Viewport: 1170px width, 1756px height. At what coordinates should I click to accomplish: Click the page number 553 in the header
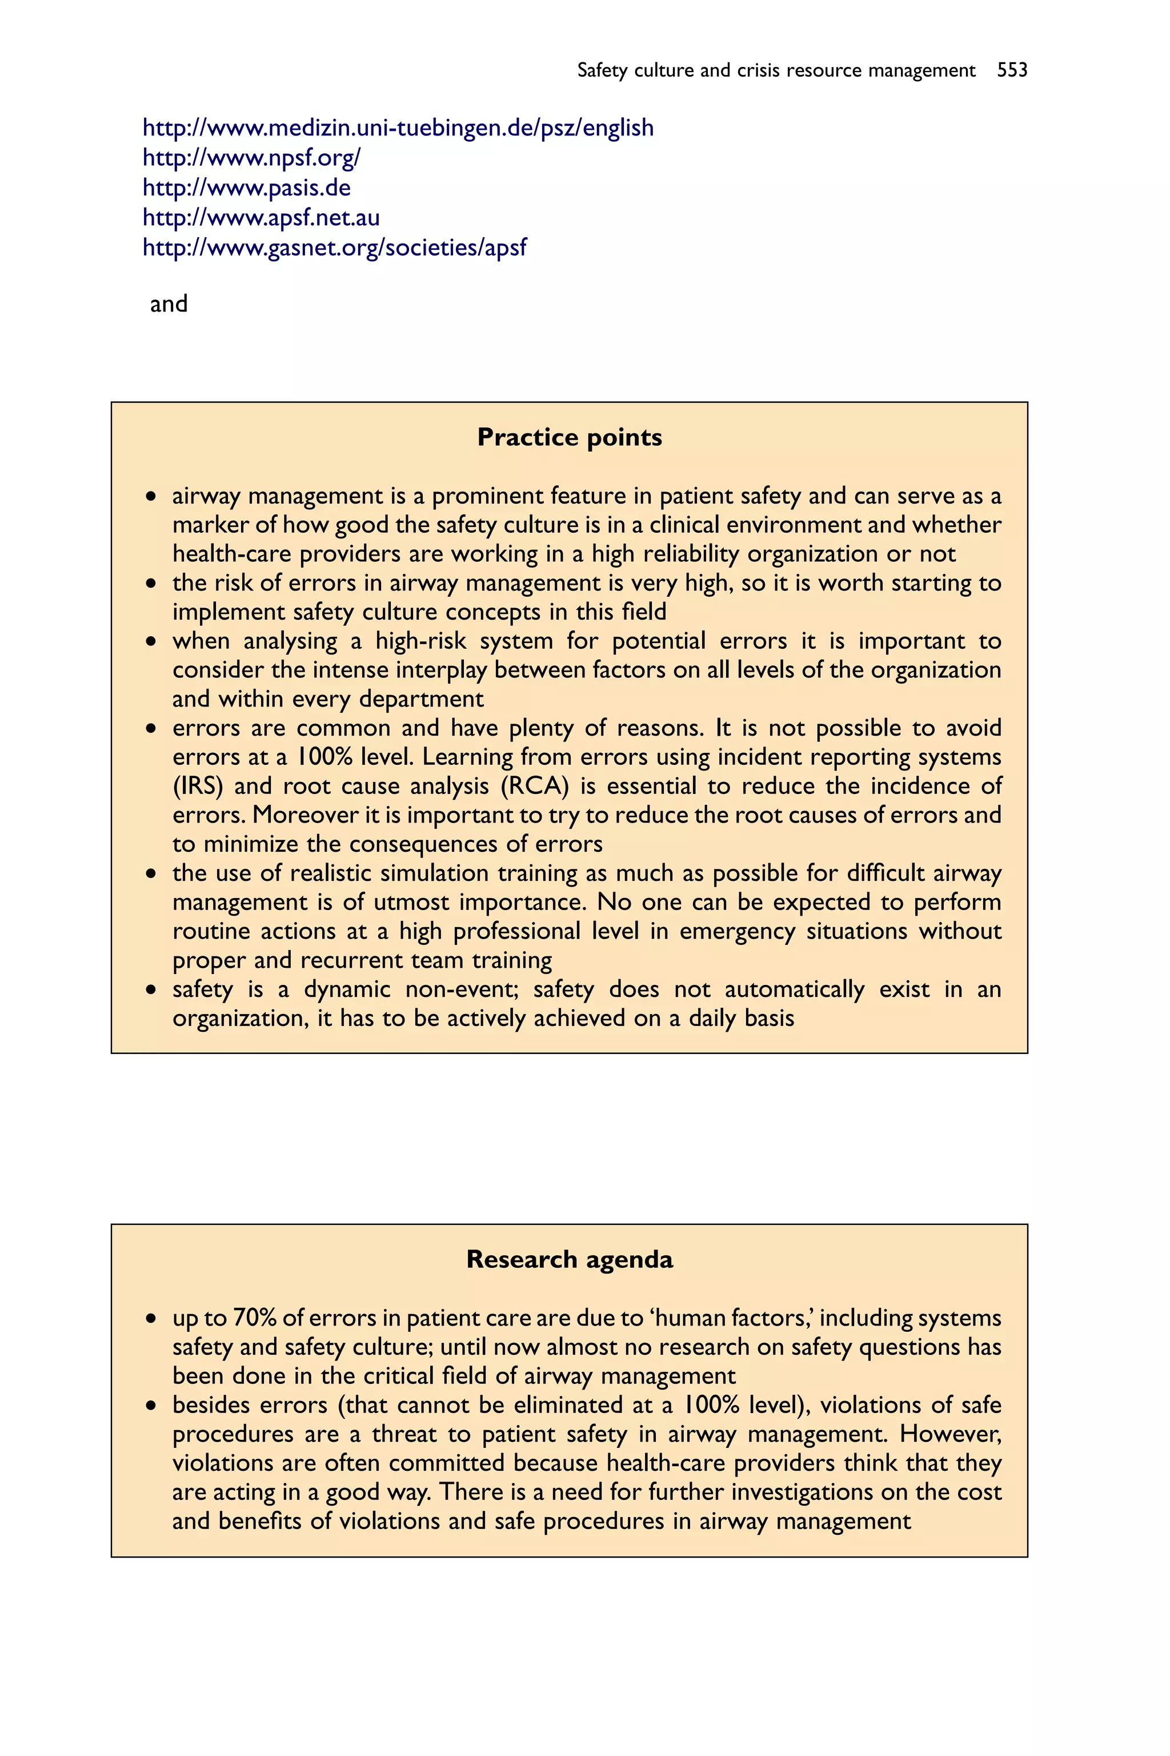(x=1012, y=70)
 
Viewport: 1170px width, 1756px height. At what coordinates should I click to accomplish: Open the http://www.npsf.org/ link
(x=251, y=158)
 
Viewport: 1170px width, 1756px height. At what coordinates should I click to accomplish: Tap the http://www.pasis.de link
(x=246, y=188)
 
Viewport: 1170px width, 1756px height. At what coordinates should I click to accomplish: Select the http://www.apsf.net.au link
(x=261, y=218)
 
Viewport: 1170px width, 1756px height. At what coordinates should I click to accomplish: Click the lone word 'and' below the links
(x=169, y=304)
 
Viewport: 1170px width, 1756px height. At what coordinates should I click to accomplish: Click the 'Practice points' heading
(x=570, y=437)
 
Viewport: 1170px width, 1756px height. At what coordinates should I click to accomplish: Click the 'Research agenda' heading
(x=570, y=1259)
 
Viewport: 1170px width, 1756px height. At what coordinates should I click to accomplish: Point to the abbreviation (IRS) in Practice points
(x=198, y=786)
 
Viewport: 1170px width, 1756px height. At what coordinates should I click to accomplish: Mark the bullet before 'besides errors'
(x=151, y=1406)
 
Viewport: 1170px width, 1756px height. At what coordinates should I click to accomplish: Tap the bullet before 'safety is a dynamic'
(x=151, y=990)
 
